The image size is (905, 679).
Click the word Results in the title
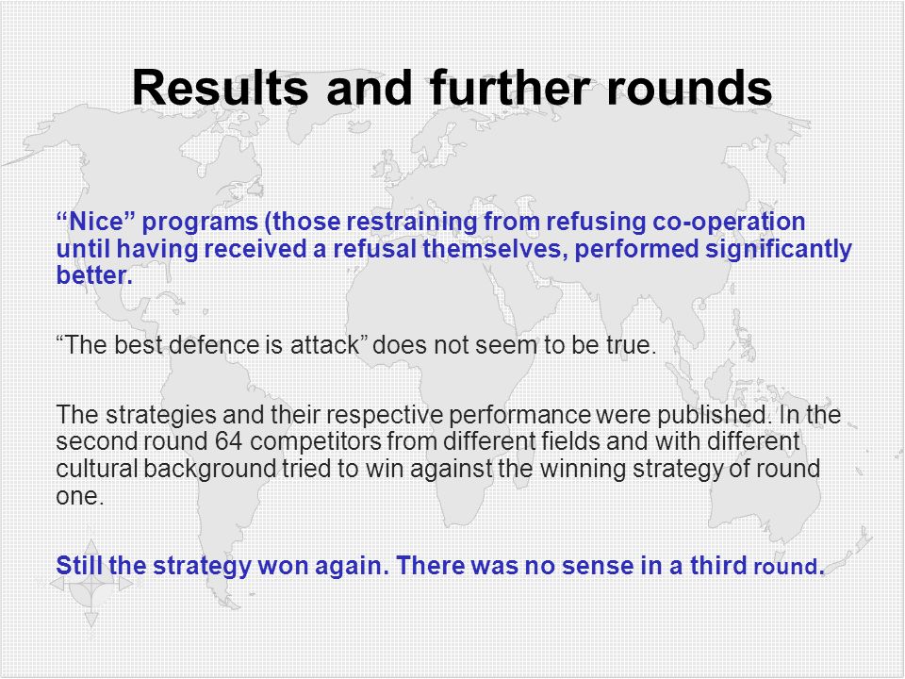coord(220,88)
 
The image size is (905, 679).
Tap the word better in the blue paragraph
coord(94,275)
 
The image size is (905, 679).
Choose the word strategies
coord(161,415)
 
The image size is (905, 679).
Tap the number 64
coord(228,441)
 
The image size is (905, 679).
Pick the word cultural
coord(96,469)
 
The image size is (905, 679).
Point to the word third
coord(718,565)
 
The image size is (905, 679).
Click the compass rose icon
coord(91,583)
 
